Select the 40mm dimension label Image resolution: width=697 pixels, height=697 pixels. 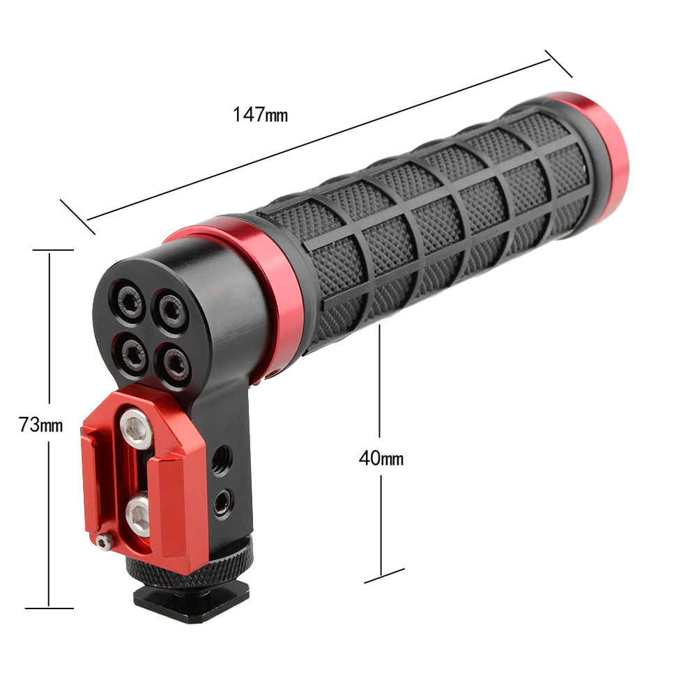click(x=381, y=458)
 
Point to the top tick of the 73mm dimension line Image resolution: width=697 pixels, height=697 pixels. click(x=49, y=250)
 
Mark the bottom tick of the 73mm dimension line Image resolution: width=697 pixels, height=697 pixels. click(x=49, y=608)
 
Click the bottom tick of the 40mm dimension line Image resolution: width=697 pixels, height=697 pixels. click(x=384, y=574)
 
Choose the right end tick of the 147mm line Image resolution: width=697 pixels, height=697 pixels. click(x=558, y=63)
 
